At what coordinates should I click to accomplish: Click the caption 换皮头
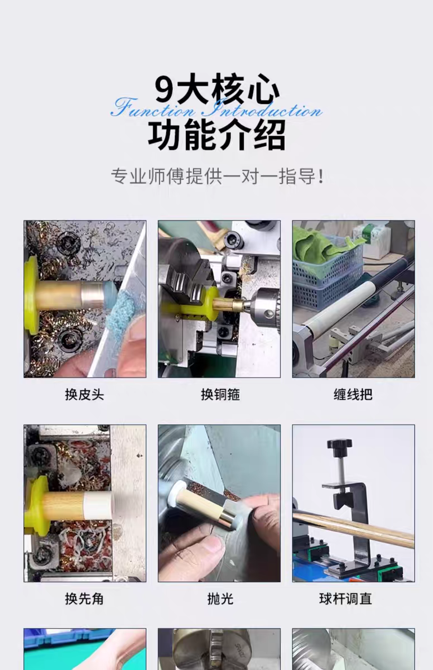(84, 395)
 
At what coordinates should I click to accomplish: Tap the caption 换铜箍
(220, 395)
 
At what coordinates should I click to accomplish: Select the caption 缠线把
(353, 395)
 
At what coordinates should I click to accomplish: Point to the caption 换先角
(84, 599)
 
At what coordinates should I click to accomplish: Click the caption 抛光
(220, 599)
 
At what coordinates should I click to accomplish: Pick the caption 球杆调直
(353, 599)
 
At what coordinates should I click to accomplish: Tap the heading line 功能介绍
(216, 135)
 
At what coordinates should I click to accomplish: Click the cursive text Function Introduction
(216, 108)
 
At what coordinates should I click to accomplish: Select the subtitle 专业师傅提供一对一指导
(216, 177)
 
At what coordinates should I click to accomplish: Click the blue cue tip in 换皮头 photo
(108, 292)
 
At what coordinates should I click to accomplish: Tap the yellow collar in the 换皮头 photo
(31, 294)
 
